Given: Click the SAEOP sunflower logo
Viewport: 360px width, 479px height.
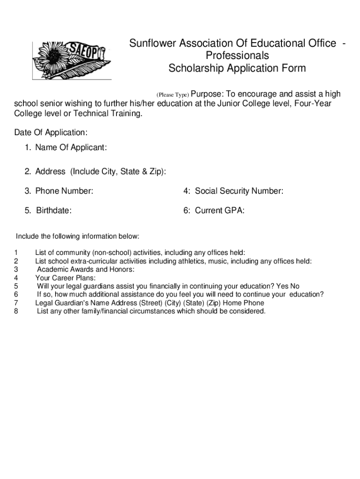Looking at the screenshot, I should [71, 60].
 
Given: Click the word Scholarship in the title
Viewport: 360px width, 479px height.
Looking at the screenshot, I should [196, 68].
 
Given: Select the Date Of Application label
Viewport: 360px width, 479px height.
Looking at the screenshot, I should [51, 132].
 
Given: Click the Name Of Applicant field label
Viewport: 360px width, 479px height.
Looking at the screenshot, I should [66, 148].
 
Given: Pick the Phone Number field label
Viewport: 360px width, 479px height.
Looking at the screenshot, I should [59, 191].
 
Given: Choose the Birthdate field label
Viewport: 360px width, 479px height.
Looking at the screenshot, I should [48, 210].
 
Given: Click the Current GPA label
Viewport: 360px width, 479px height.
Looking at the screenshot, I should [214, 210].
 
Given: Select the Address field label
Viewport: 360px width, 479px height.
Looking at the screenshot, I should [95, 172].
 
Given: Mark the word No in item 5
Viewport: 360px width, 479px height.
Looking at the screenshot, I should [295, 286].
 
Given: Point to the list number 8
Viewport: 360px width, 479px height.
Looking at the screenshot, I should [16, 311].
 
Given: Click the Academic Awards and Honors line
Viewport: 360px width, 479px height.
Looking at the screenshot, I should [86, 270].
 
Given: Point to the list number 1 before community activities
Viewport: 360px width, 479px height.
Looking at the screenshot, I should [16, 253].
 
